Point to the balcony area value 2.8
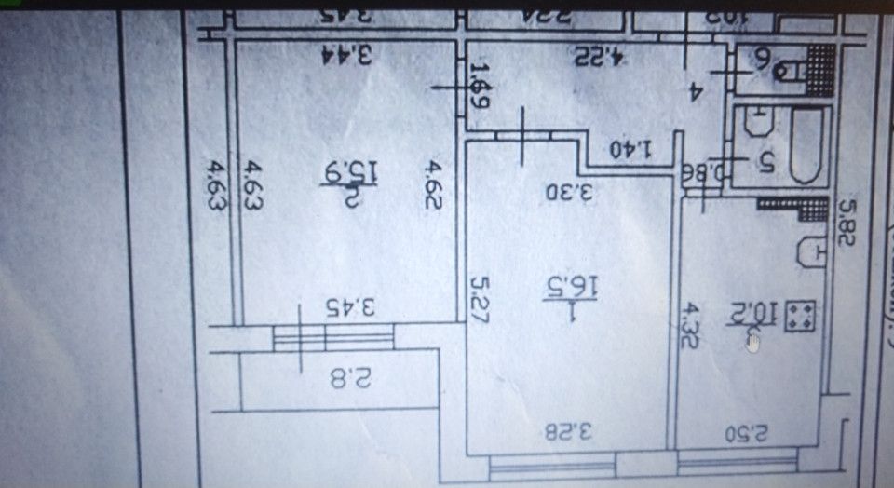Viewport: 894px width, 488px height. (350, 378)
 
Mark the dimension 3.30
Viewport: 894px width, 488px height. (569, 193)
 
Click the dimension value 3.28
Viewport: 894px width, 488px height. (569, 431)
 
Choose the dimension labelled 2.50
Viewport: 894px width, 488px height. (745, 432)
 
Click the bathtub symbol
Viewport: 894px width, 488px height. (806, 145)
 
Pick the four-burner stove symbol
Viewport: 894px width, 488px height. (800, 316)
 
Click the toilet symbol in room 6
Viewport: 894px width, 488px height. (792, 67)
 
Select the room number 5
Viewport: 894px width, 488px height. (766, 160)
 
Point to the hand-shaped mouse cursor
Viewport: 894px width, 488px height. (753, 342)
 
